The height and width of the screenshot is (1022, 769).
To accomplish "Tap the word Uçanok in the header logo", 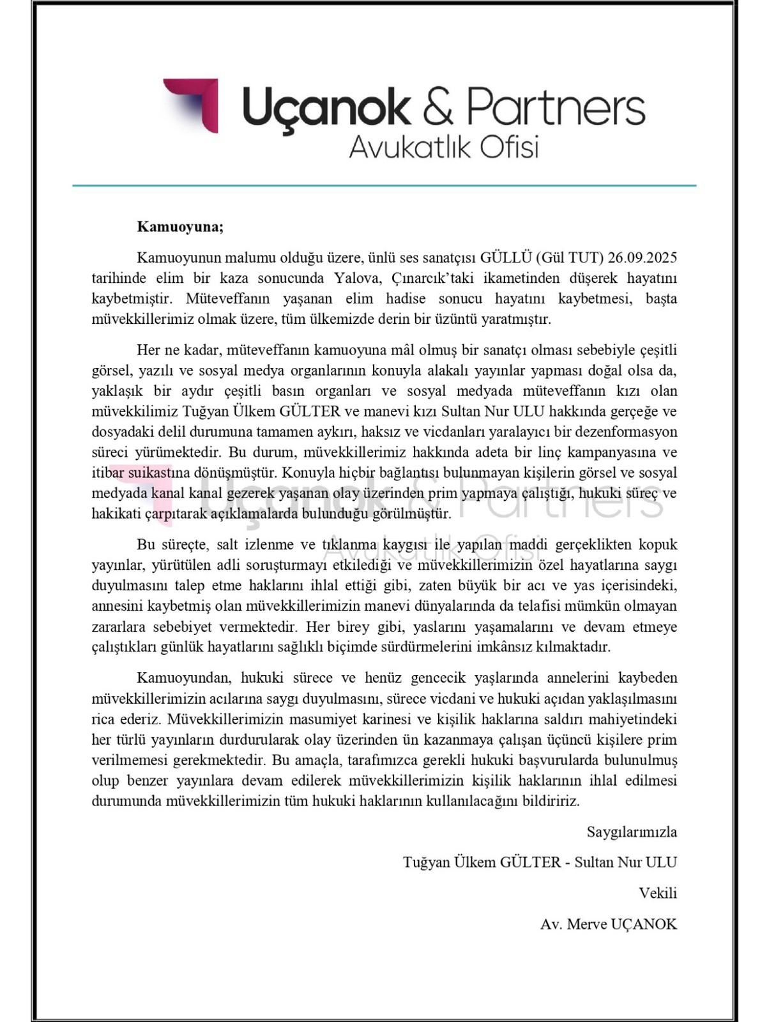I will click(326, 107).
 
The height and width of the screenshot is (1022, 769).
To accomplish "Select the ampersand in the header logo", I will click(438, 107).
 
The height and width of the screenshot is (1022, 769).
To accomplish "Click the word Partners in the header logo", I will click(556, 107).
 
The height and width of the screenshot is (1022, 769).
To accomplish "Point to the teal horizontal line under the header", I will click(384, 185).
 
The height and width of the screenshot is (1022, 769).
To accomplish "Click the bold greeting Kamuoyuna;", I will click(180, 227).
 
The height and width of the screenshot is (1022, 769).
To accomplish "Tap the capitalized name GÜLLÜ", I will click(506, 258).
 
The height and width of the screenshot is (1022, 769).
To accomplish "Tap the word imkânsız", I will click(509, 647).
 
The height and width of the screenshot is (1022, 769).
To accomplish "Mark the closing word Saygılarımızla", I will click(632, 832).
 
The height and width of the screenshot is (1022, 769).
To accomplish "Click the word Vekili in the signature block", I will click(658, 893).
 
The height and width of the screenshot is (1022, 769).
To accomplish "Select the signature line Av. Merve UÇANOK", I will click(608, 924).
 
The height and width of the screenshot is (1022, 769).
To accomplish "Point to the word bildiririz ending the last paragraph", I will click(550, 801).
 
